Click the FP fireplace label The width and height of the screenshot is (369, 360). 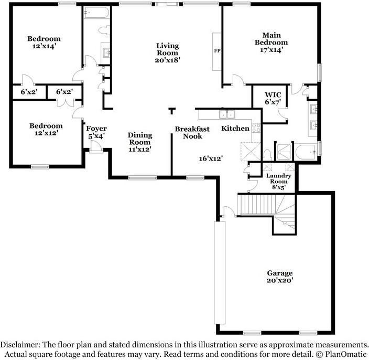(x=216, y=51)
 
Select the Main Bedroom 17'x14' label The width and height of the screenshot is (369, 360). (x=271, y=43)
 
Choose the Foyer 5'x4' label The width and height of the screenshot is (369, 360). (x=96, y=132)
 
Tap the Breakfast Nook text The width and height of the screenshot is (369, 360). (x=192, y=132)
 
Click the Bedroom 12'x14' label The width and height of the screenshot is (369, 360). (x=44, y=42)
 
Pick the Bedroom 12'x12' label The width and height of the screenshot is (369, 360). (x=46, y=129)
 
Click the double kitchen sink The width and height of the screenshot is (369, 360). (x=227, y=114)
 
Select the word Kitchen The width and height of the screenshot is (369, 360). (x=235, y=129)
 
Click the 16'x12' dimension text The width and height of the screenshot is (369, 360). (x=211, y=157)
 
